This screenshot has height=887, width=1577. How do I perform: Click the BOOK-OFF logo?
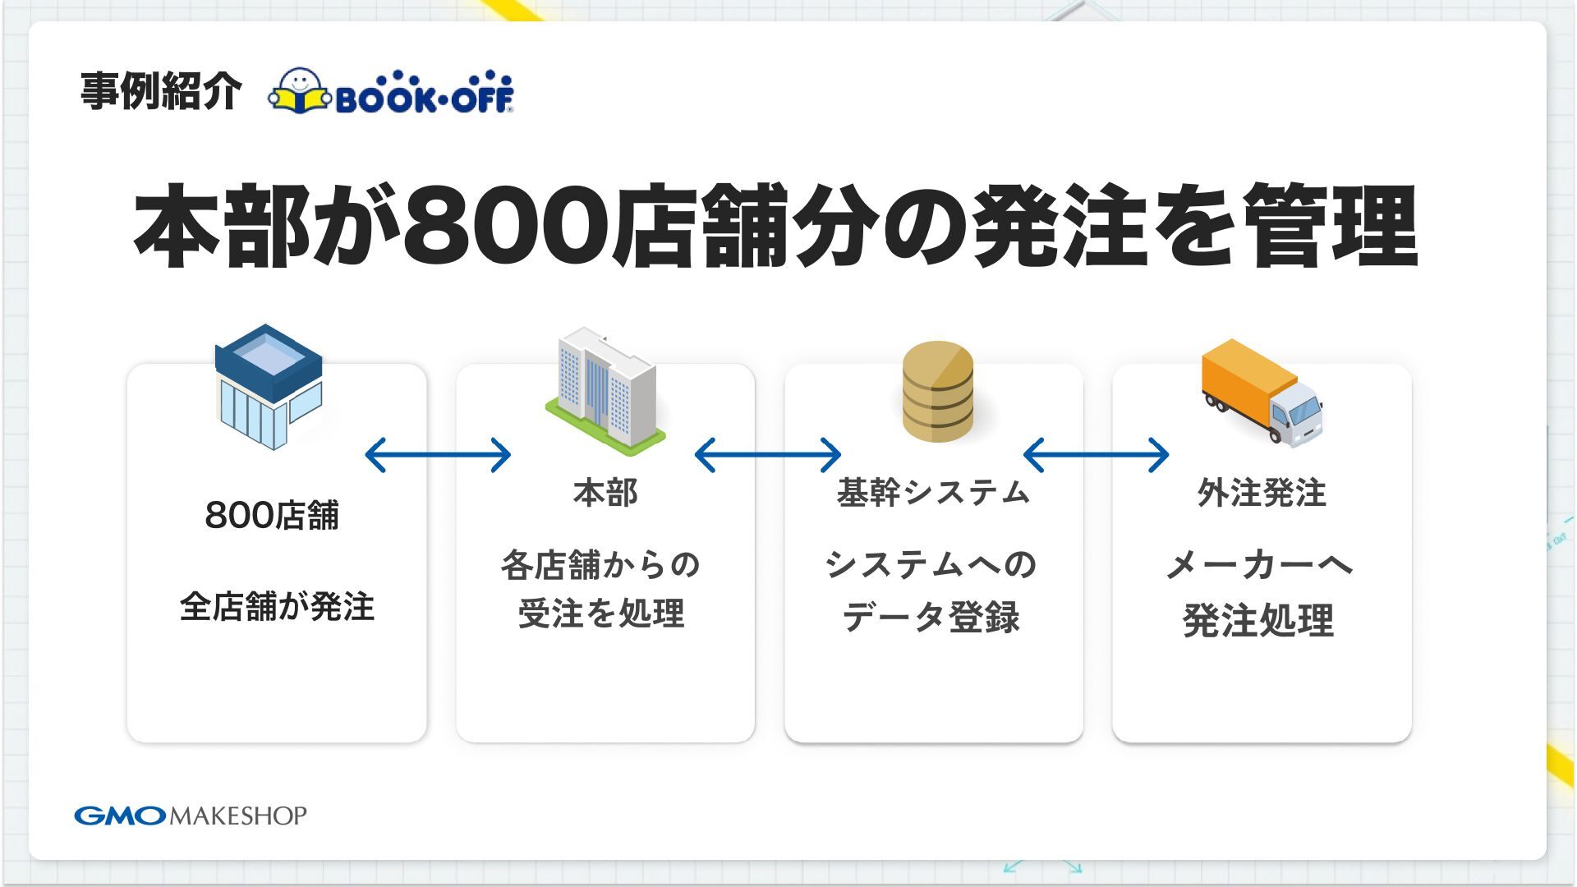391,91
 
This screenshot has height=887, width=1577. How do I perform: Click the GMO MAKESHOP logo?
191,816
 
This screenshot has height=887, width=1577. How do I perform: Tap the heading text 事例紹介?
161,91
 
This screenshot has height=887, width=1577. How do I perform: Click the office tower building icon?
605,391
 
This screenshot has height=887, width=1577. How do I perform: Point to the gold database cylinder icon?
937,392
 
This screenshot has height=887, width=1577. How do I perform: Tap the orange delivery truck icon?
1262,392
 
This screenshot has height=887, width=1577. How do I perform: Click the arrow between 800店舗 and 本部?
438,455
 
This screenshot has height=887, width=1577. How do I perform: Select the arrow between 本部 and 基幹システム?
768,455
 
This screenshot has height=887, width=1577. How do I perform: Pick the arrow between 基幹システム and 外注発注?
1097,455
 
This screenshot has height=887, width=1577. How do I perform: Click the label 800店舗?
272,516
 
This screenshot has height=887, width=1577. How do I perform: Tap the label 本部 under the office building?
605,493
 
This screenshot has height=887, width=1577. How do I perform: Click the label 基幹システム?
933,493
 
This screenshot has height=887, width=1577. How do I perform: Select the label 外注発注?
1262,493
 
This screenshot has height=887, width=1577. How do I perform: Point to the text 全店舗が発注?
277,607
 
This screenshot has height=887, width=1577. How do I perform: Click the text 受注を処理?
601,614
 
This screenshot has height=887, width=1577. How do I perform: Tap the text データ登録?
931,617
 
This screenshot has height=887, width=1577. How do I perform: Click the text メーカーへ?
1259,565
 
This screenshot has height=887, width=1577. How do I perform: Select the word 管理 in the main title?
1331,227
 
